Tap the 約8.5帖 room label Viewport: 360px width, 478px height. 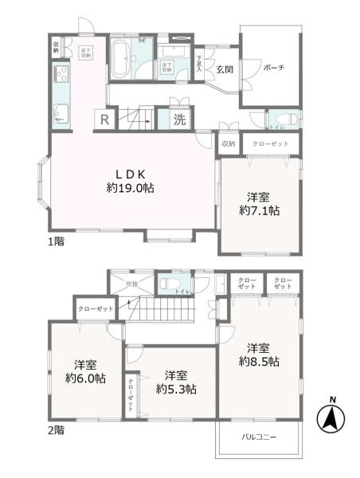(x=260, y=355)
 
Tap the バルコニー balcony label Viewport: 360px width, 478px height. (x=257, y=437)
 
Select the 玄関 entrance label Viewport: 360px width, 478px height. (x=224, y=69)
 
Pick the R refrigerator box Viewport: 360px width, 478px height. (x=104, y=120)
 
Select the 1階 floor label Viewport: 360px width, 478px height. (x=56, y=240)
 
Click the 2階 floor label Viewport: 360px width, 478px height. (x=56, y=429)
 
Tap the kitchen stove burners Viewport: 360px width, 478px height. (x=61, y=76)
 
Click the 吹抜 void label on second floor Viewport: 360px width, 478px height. (x=133, y=283)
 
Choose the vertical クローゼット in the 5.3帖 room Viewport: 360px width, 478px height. (x=131, y=393)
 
